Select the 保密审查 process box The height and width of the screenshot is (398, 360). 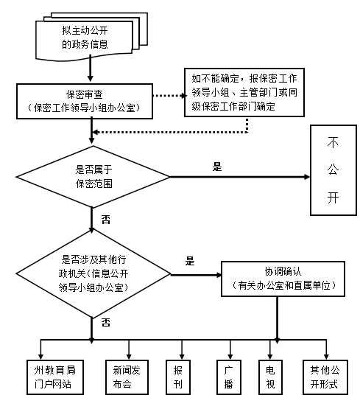pos(85,101)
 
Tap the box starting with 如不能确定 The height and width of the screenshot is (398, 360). pos(244,92)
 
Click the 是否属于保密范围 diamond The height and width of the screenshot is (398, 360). pos(93,177)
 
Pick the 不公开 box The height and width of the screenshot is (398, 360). pos(333,170)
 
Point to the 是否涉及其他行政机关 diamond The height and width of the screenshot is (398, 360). pos(93,274)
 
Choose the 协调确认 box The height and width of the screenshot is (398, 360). pos(283,279)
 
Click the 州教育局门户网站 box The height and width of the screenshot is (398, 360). pos(55,377)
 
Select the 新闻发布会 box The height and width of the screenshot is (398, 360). pos(127,377)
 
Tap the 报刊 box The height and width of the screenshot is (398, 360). pos(178,377)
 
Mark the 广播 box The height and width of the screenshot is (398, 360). pos(229,377)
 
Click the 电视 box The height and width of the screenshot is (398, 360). pos(270,377)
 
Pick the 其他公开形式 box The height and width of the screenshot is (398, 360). pos(325,377)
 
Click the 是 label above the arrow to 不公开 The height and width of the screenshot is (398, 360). pos(217,167)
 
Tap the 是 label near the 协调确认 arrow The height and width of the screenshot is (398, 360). pos(190,261)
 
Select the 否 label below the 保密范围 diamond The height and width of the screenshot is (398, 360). pos(106,220)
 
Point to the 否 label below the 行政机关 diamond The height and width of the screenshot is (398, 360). pos(106,322)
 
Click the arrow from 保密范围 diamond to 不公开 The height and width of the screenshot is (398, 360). pos(240,177)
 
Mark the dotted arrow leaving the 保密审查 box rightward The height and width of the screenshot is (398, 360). pos(170,96)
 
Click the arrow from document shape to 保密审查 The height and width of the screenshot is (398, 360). pos(91,69)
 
